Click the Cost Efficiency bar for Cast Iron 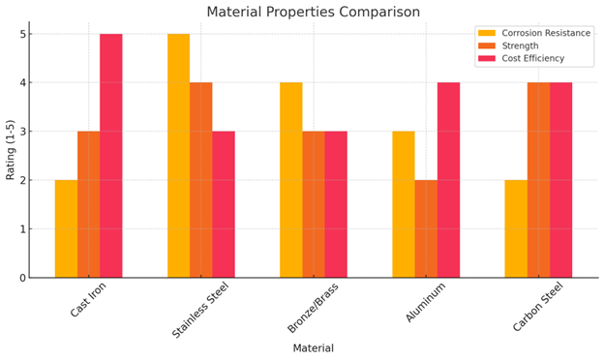pyautogui.click(x=111, y=156)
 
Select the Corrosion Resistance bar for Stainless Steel pyautogui.click(x=178, y=156)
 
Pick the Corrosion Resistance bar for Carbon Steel pyautogui.click(x=516, y=228)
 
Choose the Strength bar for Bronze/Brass pyautogui.click(x=314, y=204)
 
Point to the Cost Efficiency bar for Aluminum pyautogui.click(x=448, y=180)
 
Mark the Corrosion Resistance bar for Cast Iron pyautogui.click(x=66, y=228)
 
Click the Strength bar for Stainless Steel pyautogui.click(x=201, y=180)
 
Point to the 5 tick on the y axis pyautogui.click(x=21, y=34)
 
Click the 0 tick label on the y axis pyautogui.click(x=21, y=278)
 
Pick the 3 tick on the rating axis pyautogui.click(x=21, y=132)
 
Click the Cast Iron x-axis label pyautogui.click(x=89, y=299)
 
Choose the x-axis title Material pyautogui.click(x=313, y=348)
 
